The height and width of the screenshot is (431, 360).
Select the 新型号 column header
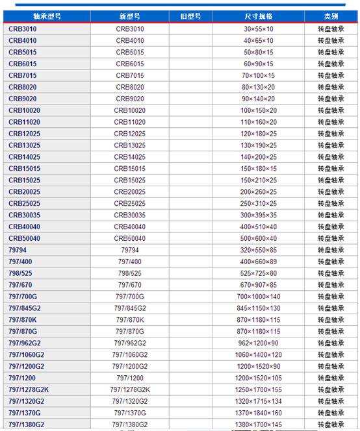coord(130,16)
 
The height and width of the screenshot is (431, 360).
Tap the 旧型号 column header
coord(190,16)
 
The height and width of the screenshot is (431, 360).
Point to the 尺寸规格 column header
coord(259,16)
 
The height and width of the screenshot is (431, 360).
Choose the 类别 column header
coord(331,16)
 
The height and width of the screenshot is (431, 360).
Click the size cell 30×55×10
coord(259,29)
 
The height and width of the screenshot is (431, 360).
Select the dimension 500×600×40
coord(259,238)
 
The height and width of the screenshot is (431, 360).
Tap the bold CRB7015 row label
coord(23,76)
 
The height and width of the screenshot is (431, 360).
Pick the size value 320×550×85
coord(259,250)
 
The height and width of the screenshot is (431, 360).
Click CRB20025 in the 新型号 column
coord(130,192)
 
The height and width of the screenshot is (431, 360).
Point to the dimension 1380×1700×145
coord(259,425)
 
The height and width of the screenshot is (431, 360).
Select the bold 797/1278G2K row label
coord(29,389)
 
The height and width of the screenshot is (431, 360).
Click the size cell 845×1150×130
coord(259,308)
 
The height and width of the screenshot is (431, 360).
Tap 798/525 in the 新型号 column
coord(130,273)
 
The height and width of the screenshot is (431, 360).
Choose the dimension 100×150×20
coord(259,110)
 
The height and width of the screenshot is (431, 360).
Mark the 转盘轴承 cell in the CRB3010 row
coord(331,29)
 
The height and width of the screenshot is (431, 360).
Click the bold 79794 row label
coord(18,250)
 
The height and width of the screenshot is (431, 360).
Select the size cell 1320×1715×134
coord(259,401)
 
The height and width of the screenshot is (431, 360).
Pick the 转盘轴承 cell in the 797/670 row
coord(331,285)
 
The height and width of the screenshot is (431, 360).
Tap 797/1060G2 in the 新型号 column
coord(130,354)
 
